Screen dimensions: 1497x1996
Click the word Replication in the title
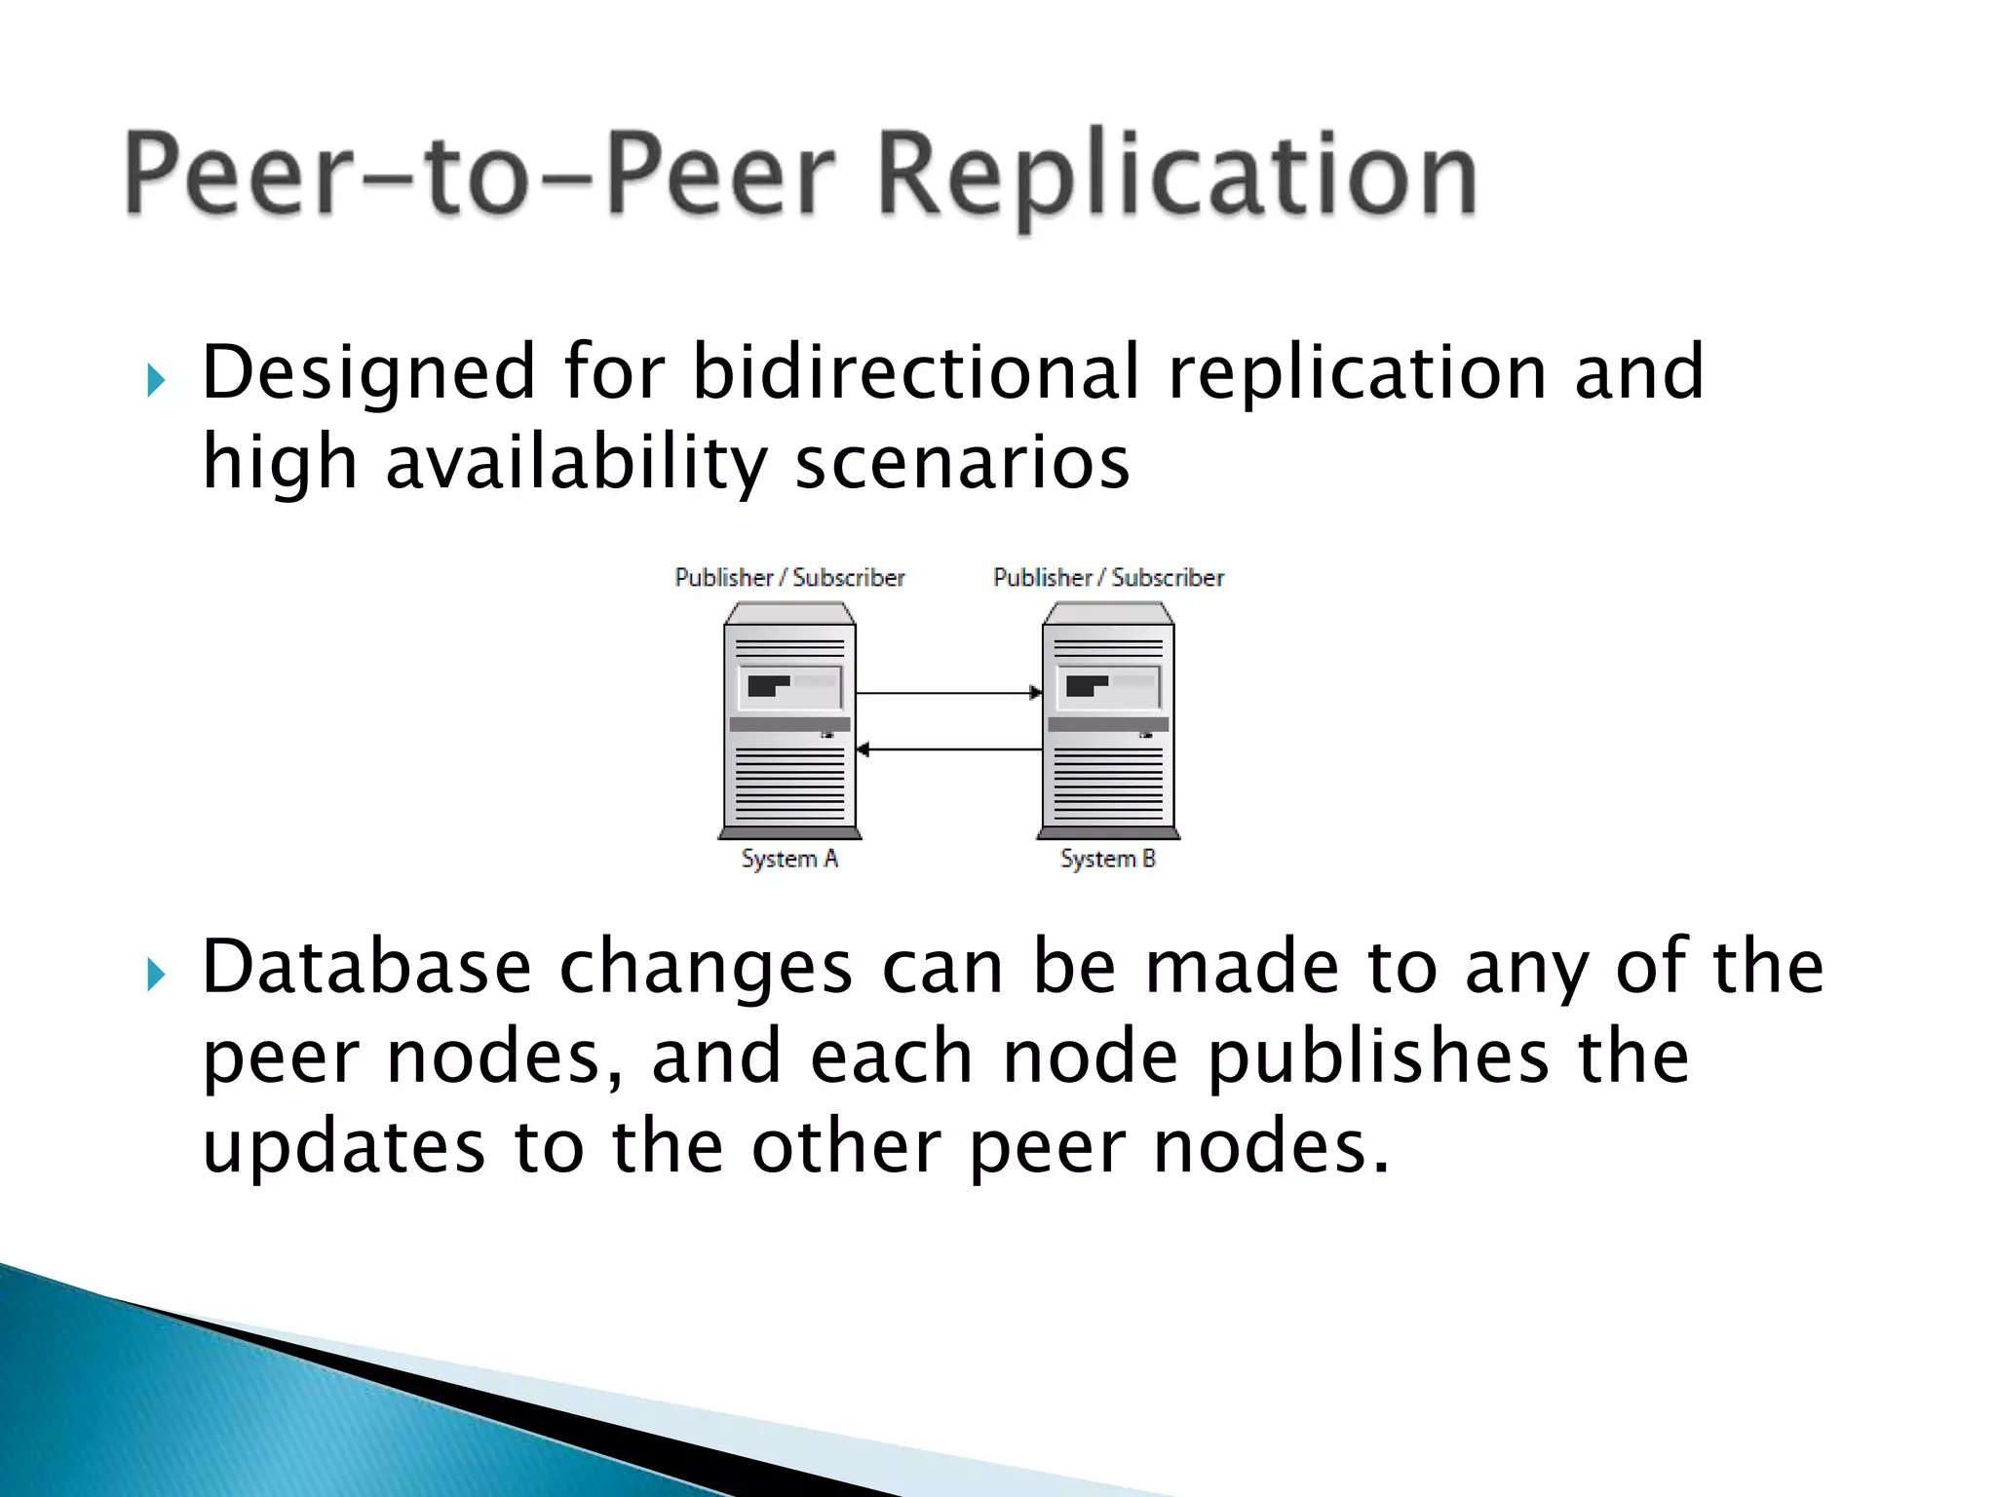pos(1176,176)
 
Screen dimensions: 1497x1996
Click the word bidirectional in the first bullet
pos(915,372)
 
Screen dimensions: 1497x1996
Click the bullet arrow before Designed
pos(156,380)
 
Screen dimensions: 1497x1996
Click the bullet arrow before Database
pos(156,974)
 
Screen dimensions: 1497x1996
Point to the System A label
pos(789,859)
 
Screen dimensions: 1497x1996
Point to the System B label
pos(1108,859)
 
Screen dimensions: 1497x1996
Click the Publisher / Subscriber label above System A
pos(789,578)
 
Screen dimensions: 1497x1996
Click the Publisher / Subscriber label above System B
pos(1108,578)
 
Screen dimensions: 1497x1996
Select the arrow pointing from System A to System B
pos(948,693)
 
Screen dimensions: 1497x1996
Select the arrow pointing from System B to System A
pos(948,749)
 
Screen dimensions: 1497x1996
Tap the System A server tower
pos(789,721)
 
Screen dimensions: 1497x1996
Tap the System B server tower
pos(1108,721)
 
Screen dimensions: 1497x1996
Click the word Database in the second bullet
pos(366,967)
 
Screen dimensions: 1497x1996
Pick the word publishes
pos(1377,1057)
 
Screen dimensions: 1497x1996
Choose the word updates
pos(343,1147)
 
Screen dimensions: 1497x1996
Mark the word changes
pos(706,967)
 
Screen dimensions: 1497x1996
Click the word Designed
pos(368,372)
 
